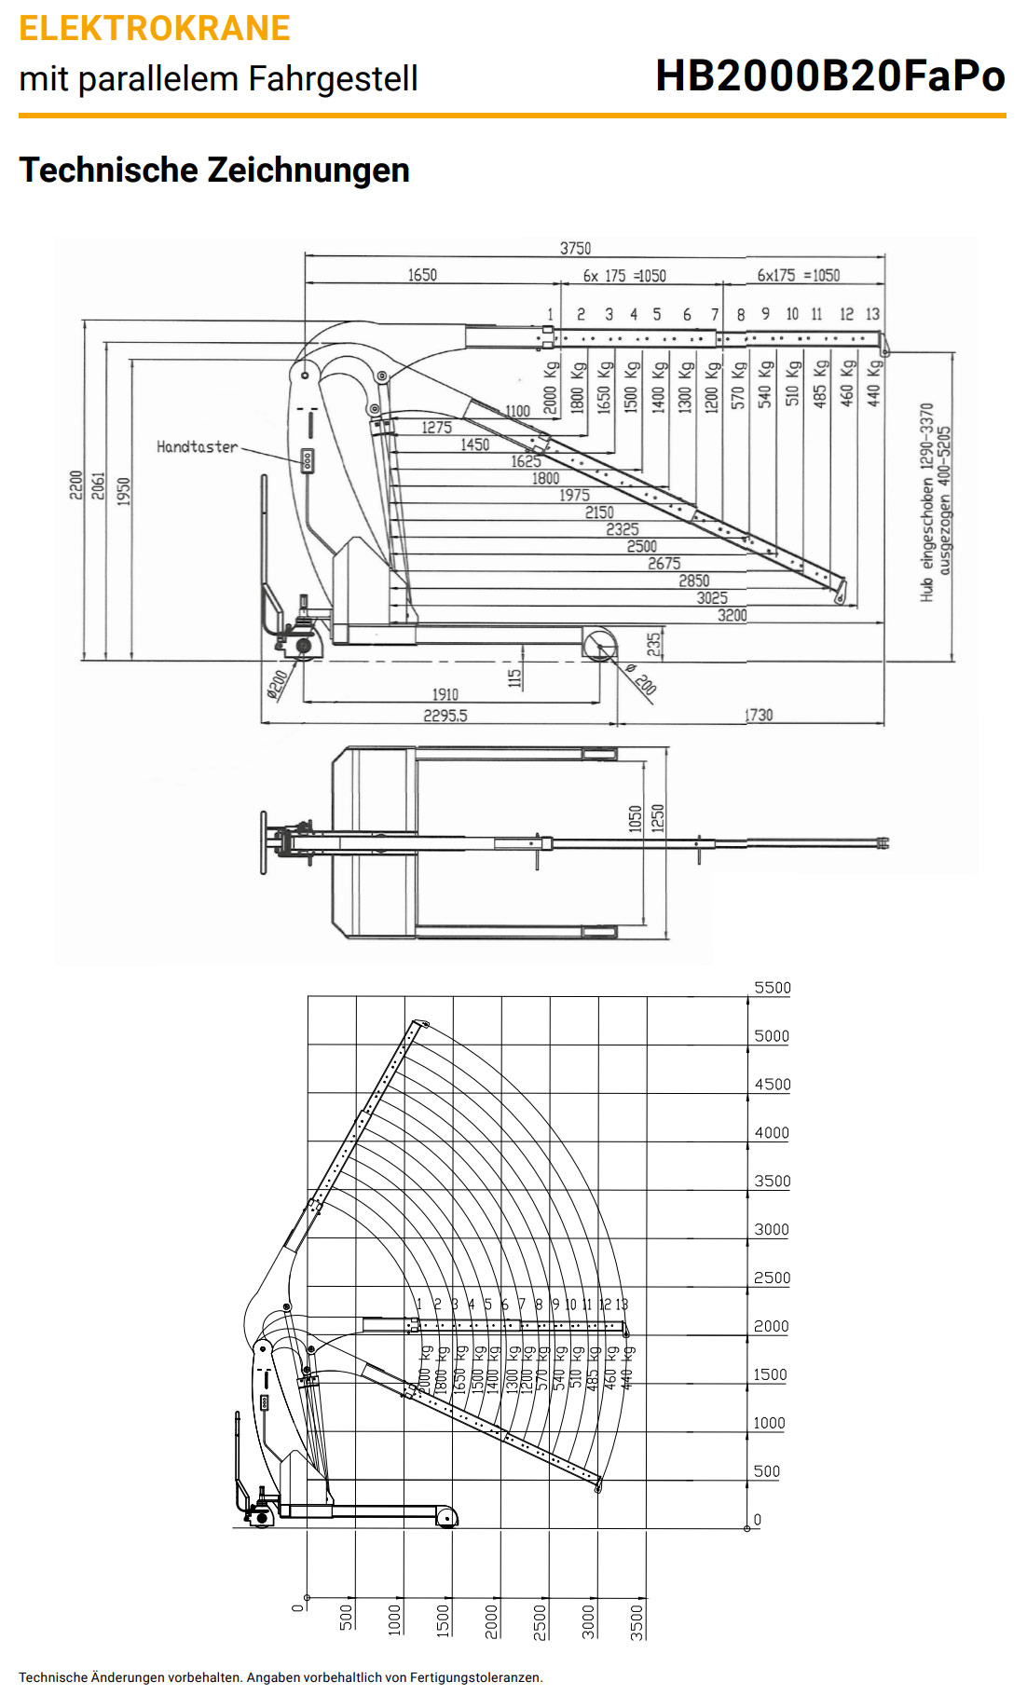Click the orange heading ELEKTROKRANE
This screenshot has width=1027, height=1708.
[155, 29]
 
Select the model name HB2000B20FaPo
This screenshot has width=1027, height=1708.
[829, 76]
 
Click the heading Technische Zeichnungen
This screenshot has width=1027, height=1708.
[214, 171]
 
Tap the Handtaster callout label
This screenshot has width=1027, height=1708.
[197, 447]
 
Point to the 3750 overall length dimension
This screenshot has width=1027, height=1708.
[575, 248]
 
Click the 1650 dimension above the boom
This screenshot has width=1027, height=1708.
[422, 275]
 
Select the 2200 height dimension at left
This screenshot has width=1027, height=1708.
[75, 485]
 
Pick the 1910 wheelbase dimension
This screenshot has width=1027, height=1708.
[445, 694]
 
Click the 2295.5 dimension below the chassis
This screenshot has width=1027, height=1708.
[445, 716]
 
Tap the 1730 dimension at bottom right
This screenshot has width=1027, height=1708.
[759, 715]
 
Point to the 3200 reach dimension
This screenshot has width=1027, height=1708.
[733, 615]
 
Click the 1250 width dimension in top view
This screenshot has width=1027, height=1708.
[658, 818]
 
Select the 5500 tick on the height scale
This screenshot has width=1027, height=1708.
[773, 988]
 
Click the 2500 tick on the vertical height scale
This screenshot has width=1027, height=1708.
[772, 1278]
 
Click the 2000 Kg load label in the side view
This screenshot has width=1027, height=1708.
[551, 388]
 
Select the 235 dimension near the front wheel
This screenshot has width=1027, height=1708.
[654, 643]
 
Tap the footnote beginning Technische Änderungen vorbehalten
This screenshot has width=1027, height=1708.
[281, 1677]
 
